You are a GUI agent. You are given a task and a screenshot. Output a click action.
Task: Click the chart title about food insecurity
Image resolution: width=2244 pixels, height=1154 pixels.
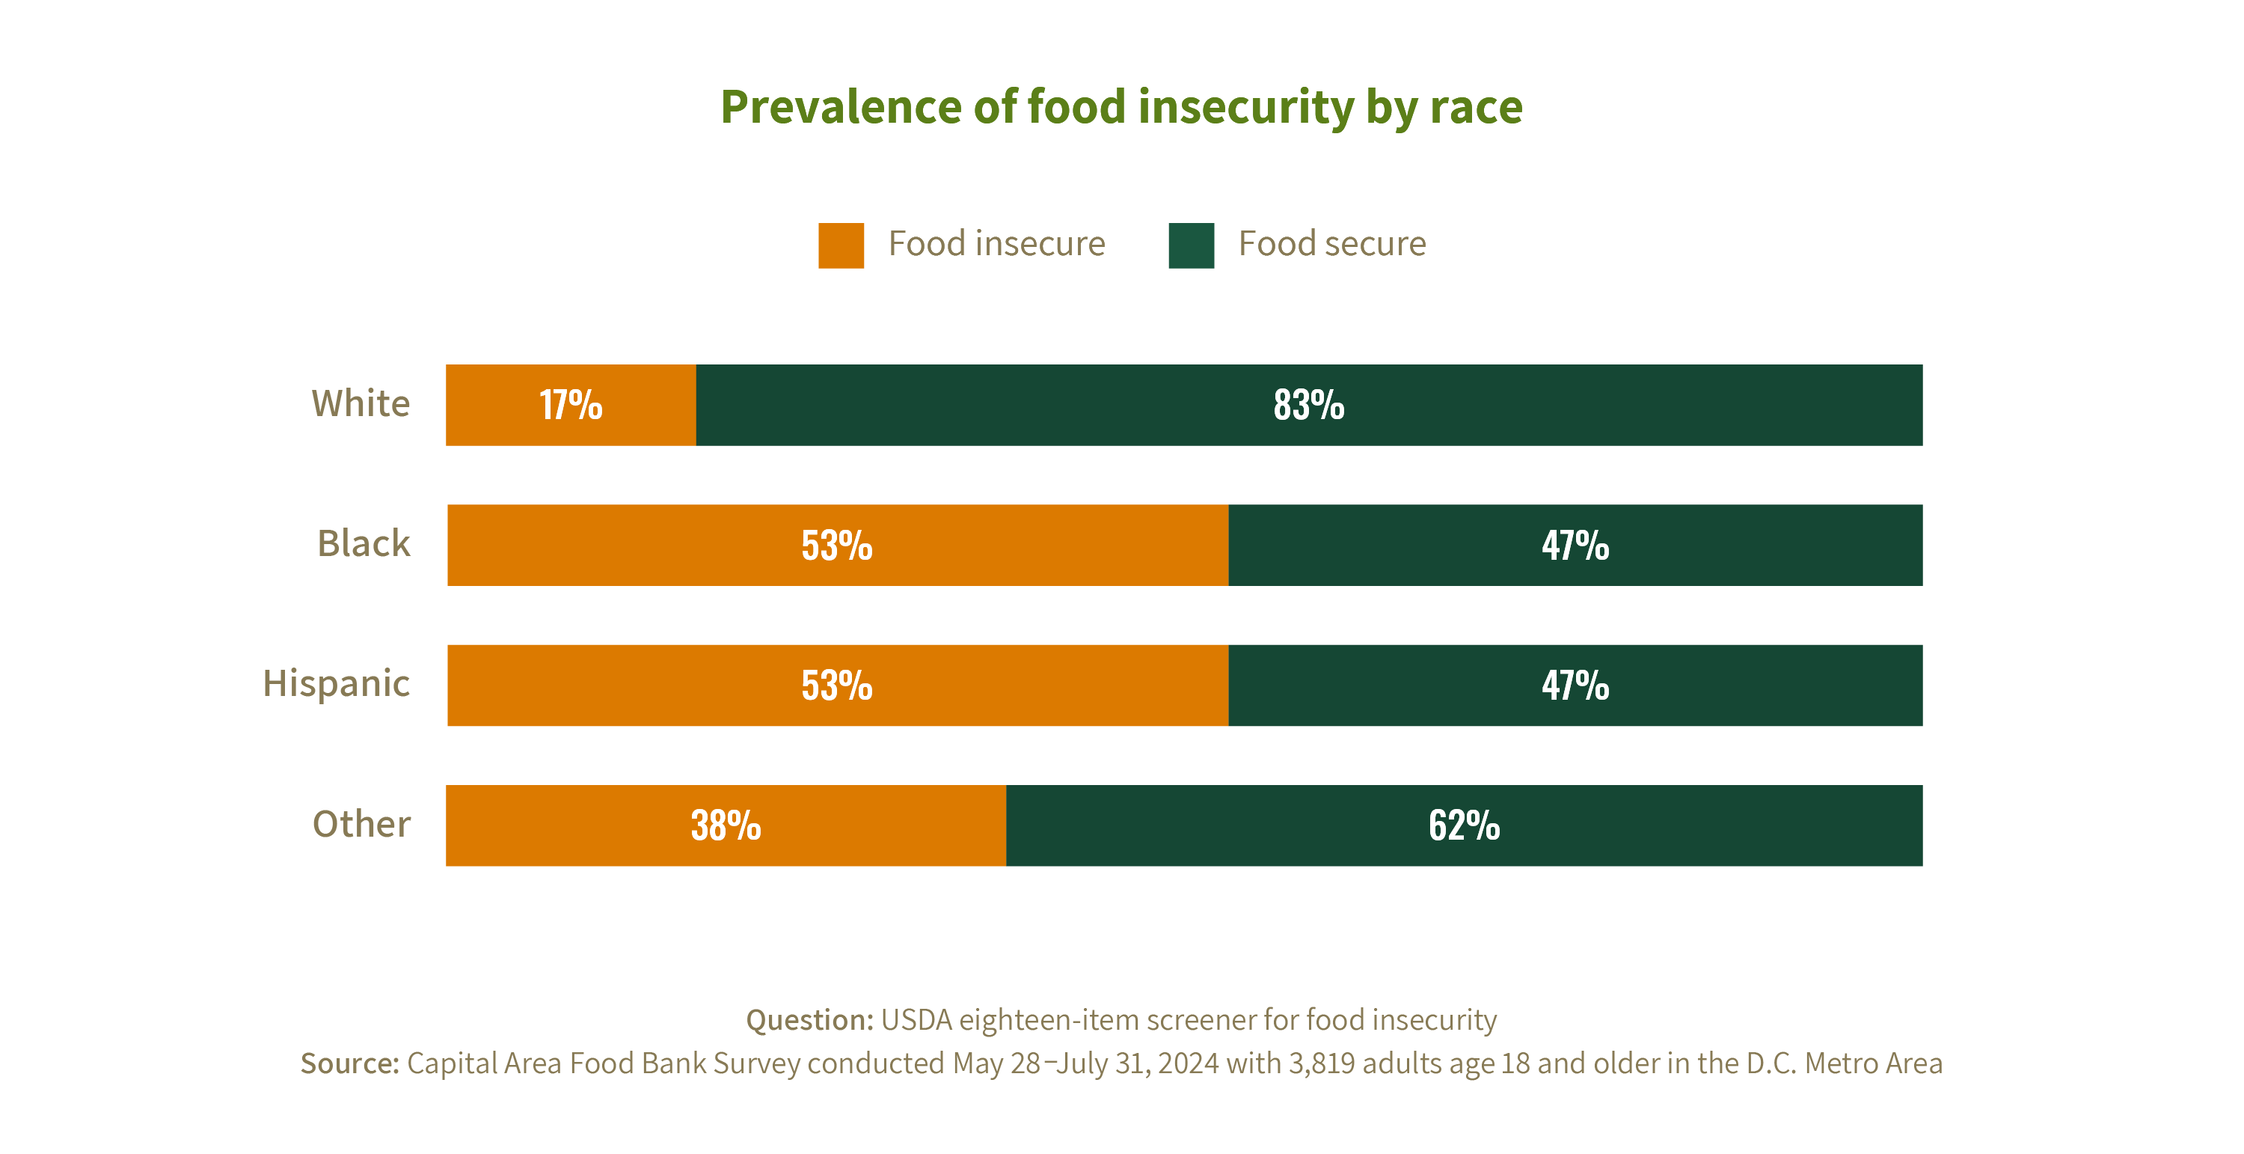tap(1121, 107)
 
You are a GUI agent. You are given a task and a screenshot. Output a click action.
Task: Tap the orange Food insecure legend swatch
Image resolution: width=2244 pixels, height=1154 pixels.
tap(841, 245)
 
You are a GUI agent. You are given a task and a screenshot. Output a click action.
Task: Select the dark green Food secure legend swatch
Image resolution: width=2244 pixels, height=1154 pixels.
tap(1191, 245)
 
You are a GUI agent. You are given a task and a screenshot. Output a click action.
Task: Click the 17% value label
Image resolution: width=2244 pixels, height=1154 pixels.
tap(571, 406)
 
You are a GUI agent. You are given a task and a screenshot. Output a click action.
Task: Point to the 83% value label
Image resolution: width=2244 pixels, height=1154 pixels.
tap(1308, 406)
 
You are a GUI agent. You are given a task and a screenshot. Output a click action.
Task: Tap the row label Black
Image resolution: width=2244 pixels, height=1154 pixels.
tap(364, 544)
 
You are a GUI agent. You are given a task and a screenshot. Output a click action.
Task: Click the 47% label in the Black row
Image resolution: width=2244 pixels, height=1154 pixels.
tap(1575, 546)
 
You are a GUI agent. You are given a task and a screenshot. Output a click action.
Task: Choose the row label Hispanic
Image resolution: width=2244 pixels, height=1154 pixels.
tap(337, 684)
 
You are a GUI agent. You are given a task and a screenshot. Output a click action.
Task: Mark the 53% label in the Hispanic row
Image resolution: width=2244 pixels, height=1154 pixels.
tap(836, 686)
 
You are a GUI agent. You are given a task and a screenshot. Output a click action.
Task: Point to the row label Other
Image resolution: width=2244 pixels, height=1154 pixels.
tap(361, 825)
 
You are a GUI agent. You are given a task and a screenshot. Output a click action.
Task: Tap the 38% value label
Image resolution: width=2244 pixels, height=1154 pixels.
tap(726, 826)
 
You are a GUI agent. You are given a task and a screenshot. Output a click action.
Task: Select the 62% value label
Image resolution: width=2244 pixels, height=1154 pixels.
tap(1464, 826)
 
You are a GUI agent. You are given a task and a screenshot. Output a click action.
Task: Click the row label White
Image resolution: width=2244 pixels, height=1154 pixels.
tap(361, 403)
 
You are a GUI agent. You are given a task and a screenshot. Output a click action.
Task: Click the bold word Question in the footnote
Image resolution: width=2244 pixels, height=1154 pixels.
tap(809, 1020)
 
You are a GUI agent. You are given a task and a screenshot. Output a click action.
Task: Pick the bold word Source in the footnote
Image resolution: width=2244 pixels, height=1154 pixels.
tap(349, 1063)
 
